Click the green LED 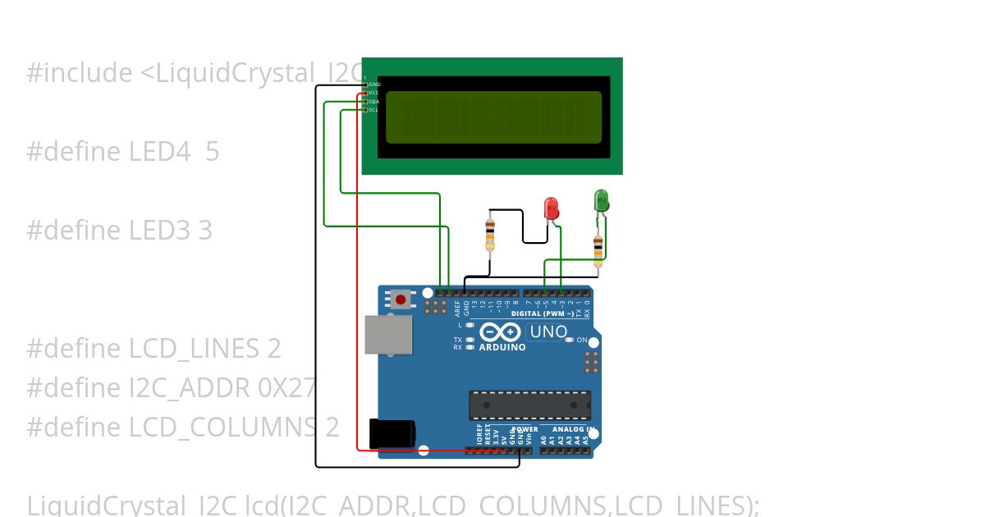tap(601, 199)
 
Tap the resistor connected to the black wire tap(490, 234)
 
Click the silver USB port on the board tap(388, 335)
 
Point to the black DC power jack tap(392, 433)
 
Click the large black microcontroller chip tap(529, 405)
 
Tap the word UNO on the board tap(548, 332)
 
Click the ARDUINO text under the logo tap(502, 347)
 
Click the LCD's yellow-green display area tap(493, 116)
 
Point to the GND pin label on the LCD tap(373, 85)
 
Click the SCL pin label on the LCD tap(373, 110)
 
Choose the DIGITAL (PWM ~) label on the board tap(547, 313)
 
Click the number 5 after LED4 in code tap(213, 152)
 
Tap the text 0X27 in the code tap(286, 387)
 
